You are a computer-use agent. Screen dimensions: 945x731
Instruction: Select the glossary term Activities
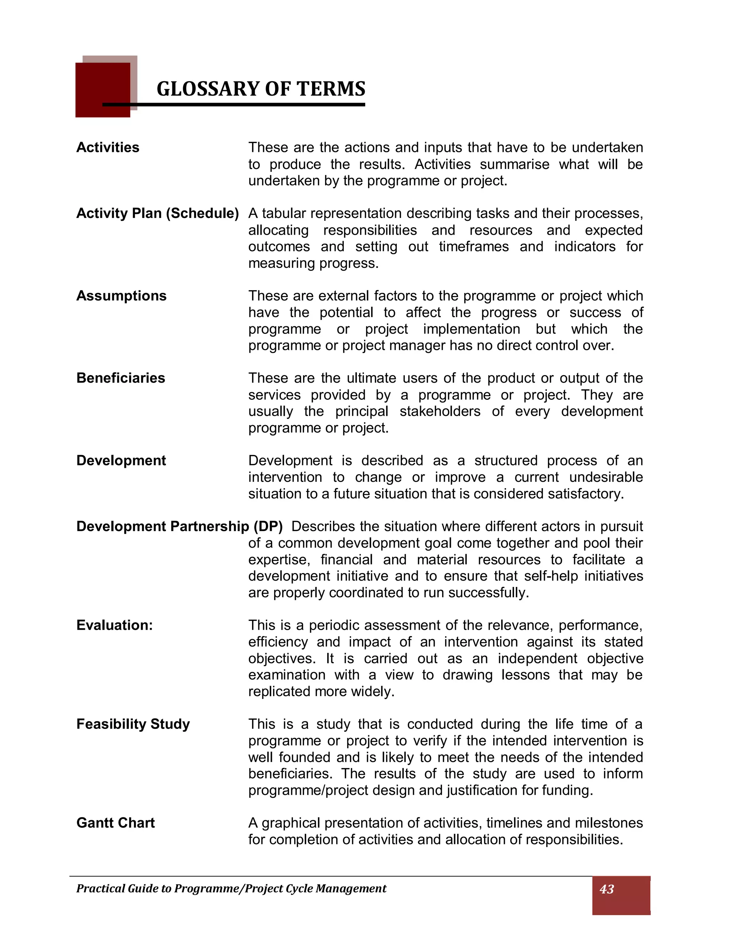click(108, 148)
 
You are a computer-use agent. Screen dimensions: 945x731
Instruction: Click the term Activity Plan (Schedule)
click(158, 213)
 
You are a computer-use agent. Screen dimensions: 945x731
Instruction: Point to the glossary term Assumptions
click(121, 296)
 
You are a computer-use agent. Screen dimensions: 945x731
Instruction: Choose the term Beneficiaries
click(121, 378)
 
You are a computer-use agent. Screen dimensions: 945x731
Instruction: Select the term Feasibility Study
click(133, 724)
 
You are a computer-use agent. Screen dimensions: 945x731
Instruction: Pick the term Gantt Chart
click(115, 823)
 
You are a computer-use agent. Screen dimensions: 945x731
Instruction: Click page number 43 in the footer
click(607, 889)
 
